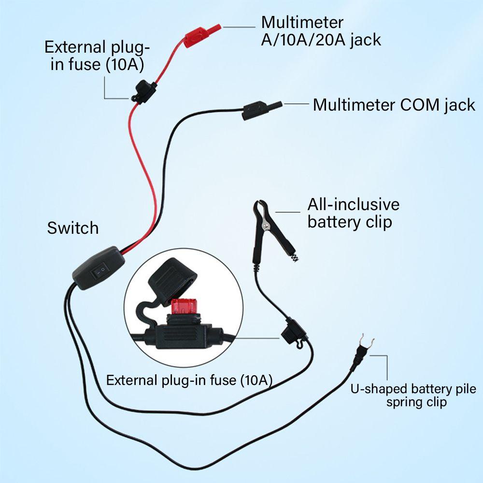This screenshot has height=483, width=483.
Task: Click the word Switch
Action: [73, 228]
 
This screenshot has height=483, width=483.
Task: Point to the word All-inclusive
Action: [354, 204]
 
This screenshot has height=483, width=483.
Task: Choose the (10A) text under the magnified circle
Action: [256, 380]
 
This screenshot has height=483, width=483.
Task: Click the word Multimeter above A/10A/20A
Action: [302, 22]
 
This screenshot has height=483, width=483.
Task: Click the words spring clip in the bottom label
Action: [416, 402]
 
